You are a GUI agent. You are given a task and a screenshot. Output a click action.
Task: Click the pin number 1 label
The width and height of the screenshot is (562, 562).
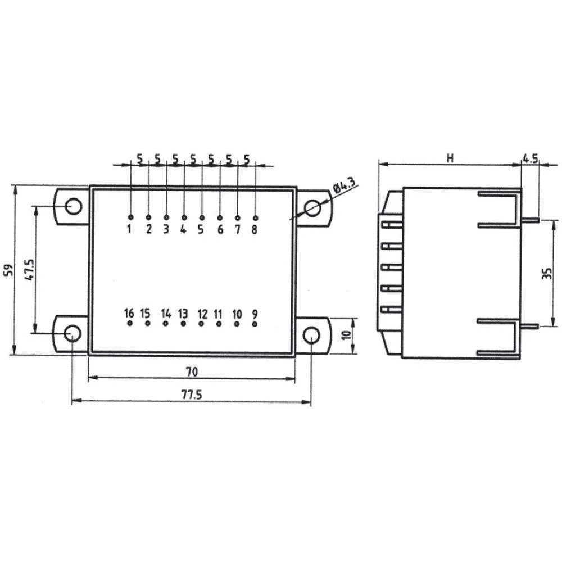129,229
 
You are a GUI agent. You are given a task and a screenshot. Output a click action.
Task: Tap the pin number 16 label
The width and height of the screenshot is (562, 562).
129,313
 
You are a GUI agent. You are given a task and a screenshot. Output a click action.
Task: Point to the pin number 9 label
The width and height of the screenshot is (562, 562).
255,313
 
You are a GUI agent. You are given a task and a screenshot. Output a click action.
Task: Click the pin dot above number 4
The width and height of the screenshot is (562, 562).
184,217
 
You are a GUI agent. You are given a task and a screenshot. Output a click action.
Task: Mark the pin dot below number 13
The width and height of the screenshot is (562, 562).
183,324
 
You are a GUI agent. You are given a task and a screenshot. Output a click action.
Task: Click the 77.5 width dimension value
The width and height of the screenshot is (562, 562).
191,395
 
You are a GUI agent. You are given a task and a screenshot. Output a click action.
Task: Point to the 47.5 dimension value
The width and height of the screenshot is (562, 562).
30,270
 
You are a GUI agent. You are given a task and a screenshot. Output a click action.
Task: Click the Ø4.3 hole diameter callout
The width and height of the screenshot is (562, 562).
344,186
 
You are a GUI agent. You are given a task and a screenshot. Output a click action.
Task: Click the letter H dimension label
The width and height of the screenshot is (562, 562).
450,158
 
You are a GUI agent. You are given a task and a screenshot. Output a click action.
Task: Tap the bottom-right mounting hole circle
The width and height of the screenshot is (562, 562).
311,335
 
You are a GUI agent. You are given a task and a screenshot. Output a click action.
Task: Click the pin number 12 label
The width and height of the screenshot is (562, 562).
202,313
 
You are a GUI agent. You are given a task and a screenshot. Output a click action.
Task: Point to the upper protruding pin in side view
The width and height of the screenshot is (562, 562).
531,220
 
